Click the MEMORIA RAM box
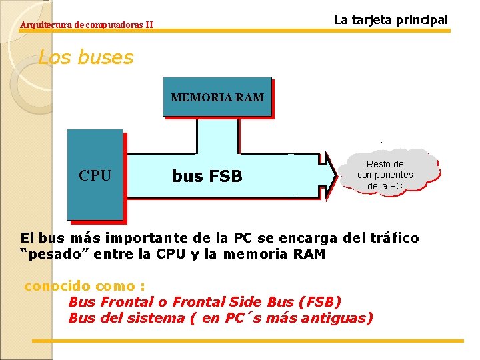pos(217,97)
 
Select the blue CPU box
pos(95,175)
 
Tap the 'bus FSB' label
pos(207,177)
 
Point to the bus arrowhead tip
pos(337,176)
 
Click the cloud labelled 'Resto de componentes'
pos(385,175)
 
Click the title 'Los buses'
pos(86,58)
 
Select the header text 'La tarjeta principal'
pos(391,19)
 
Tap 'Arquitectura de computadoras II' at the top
pos(87,25)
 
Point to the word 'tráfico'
pos(394,238)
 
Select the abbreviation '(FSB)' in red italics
pos(321,301)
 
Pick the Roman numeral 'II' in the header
pos(149,25)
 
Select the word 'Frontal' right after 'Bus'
pos(117,301)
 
